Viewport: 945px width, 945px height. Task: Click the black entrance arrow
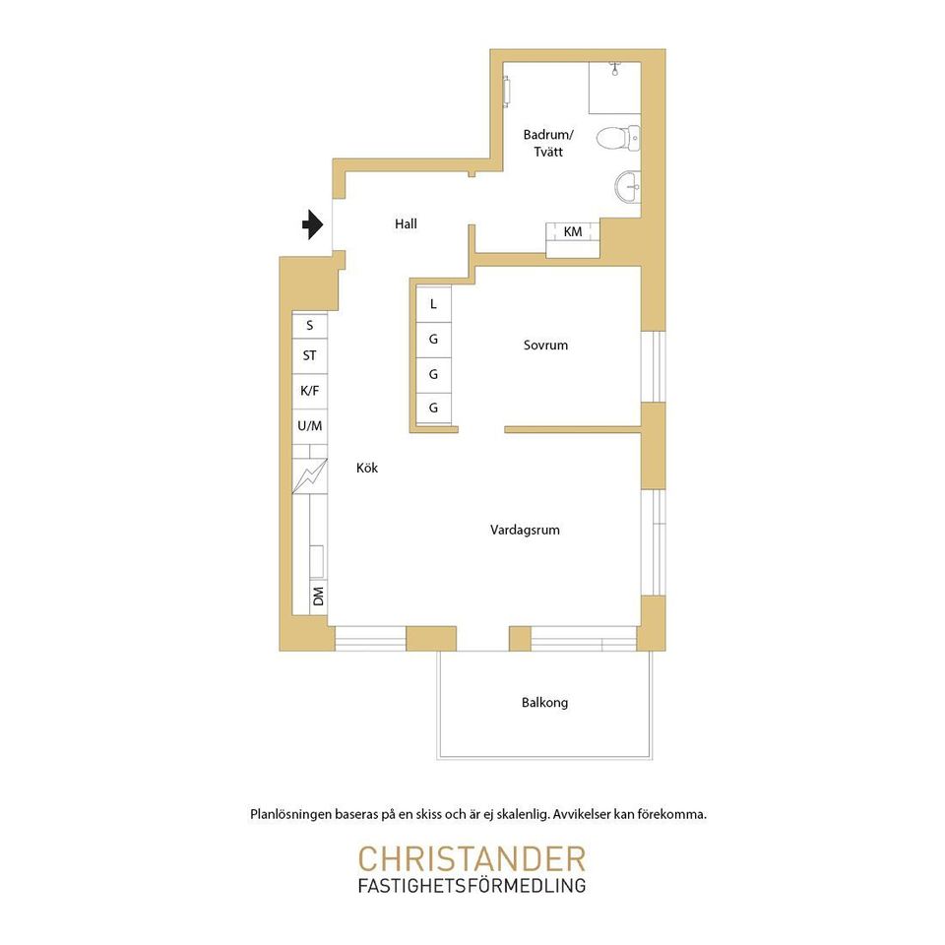coord(313,224)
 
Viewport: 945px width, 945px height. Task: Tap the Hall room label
coord(406,224)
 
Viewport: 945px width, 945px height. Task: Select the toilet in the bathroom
coord(618,138)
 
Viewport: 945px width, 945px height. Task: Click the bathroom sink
coord(627,186)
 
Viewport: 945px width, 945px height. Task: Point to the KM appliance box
coord(573,240)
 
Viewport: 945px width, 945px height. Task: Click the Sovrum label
coord(545,346)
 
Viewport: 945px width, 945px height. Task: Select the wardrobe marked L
coord(433,304)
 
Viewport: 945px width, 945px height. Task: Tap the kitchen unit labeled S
coord(310,326)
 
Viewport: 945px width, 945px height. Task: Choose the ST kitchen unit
coord(310,356)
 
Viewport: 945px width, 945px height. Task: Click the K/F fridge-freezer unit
coord(310,391)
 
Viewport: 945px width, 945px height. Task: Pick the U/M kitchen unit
coord(310,426)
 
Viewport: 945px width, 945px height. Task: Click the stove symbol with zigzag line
coord(310,476)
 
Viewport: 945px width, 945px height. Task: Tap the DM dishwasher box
coord(318,597)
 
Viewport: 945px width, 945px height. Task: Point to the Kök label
coord(367,468)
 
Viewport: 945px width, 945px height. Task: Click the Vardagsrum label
coord(525,531)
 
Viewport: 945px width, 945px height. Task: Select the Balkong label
coord(544,703)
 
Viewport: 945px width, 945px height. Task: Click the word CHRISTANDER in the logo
coord(472,859)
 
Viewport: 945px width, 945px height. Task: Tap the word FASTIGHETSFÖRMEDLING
coord(472,886)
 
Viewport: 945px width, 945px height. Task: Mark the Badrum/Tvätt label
coord(548,143)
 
